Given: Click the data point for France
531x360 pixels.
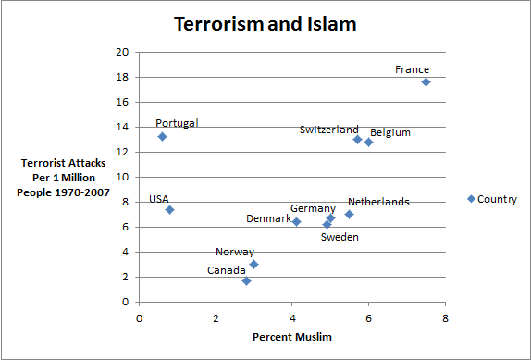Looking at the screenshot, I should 426,81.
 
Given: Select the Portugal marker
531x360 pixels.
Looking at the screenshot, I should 162,136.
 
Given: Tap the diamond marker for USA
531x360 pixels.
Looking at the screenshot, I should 169,209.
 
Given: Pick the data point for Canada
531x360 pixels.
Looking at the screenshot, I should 246,280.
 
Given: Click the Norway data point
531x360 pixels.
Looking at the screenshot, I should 253,264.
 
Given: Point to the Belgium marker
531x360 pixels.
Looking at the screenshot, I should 368,142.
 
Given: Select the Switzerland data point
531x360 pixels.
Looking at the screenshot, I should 357,139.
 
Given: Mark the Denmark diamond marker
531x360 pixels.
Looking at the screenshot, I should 296,221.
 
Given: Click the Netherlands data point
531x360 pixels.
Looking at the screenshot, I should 349,214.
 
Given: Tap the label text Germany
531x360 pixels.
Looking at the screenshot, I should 313,208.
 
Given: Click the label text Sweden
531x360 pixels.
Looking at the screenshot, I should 340,237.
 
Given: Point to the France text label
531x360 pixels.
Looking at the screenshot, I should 412,69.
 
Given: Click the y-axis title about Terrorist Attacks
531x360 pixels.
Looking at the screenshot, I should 65,178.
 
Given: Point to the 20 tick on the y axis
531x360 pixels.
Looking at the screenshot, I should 122,52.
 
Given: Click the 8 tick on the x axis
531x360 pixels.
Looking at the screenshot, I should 445,318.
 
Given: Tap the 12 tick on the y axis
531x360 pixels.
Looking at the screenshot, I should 122,152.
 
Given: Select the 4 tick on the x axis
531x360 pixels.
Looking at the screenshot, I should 292,318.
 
